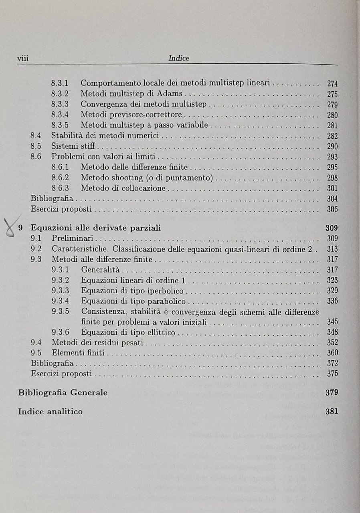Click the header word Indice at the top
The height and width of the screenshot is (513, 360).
tap(179, 59)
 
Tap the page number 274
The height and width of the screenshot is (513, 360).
tap(332, 84)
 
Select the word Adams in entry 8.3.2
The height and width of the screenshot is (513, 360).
tap(169, 94)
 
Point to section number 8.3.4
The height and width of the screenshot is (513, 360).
tap(60, 115)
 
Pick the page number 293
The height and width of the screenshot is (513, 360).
tap(332, 157)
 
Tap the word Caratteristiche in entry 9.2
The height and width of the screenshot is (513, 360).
tap(78, 249)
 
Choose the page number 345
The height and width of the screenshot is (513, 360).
tap(332, 322)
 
